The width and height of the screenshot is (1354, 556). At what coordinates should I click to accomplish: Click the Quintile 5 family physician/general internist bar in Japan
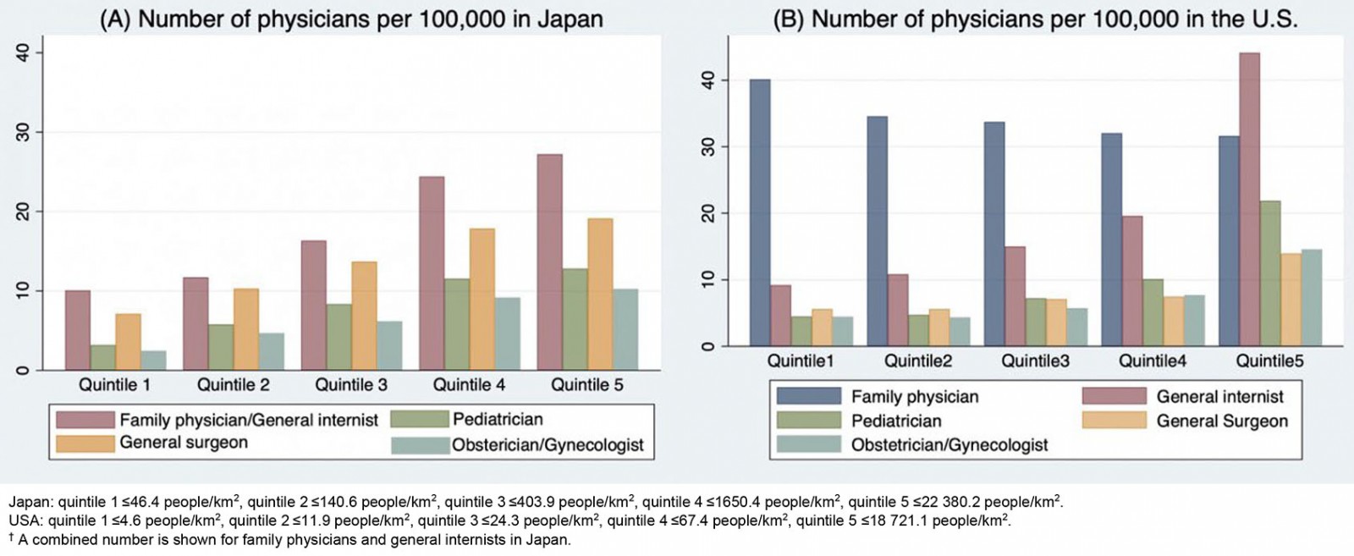coord(549,262)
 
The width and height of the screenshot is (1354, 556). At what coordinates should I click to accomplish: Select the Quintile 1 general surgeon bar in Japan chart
coord(128,342)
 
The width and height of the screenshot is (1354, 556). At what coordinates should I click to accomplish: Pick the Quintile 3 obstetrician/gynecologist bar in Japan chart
coord(389,345)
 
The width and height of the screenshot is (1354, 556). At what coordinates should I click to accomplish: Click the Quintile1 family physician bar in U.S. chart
coord(760,212)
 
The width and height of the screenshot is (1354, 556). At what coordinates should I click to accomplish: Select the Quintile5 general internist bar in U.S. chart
coord(1249,199)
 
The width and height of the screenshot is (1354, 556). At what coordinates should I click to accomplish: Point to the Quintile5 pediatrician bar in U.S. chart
coord(1270,273)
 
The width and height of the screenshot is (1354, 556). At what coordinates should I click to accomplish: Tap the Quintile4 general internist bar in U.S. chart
coord(1131,281)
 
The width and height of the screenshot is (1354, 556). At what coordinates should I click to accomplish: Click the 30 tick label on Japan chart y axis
coord(23,132)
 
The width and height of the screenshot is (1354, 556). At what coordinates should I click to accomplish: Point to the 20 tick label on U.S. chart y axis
coord(707,213)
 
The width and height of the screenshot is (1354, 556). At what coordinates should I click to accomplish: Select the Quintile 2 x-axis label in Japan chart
coord(233,385)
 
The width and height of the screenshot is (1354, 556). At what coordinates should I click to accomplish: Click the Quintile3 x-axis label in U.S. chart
coord(1035,361)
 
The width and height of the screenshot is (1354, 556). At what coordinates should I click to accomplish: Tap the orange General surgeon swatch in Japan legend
coord(85,443)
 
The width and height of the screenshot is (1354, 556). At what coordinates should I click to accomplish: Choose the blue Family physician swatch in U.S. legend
coord(808,396)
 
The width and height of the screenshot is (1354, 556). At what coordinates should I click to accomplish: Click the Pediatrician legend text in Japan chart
coord(498,419)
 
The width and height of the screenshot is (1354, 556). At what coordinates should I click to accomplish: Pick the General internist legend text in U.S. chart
coord(1219,396)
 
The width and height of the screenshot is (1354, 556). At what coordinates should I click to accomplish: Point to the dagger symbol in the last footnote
coord(12,537)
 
